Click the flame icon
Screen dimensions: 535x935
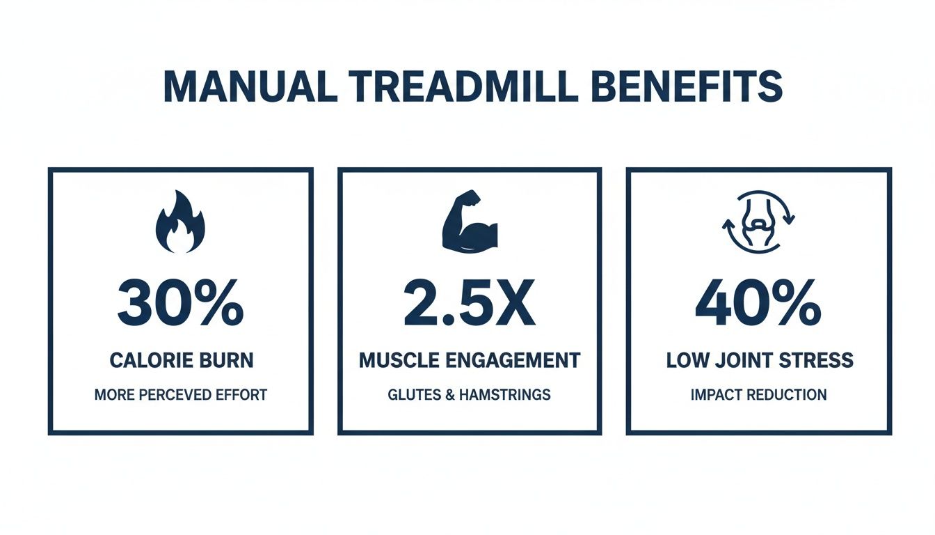click(180, 222)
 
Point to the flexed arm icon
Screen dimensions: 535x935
click(470, 222)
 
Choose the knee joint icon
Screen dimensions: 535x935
click(758, 222)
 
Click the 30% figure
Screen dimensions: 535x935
click(180, 305)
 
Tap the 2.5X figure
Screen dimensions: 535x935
click(470, 305)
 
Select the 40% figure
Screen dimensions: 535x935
click(758, 305)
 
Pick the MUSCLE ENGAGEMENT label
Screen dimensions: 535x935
click(470, 361)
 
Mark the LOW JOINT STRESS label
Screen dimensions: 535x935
click(758, 361)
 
